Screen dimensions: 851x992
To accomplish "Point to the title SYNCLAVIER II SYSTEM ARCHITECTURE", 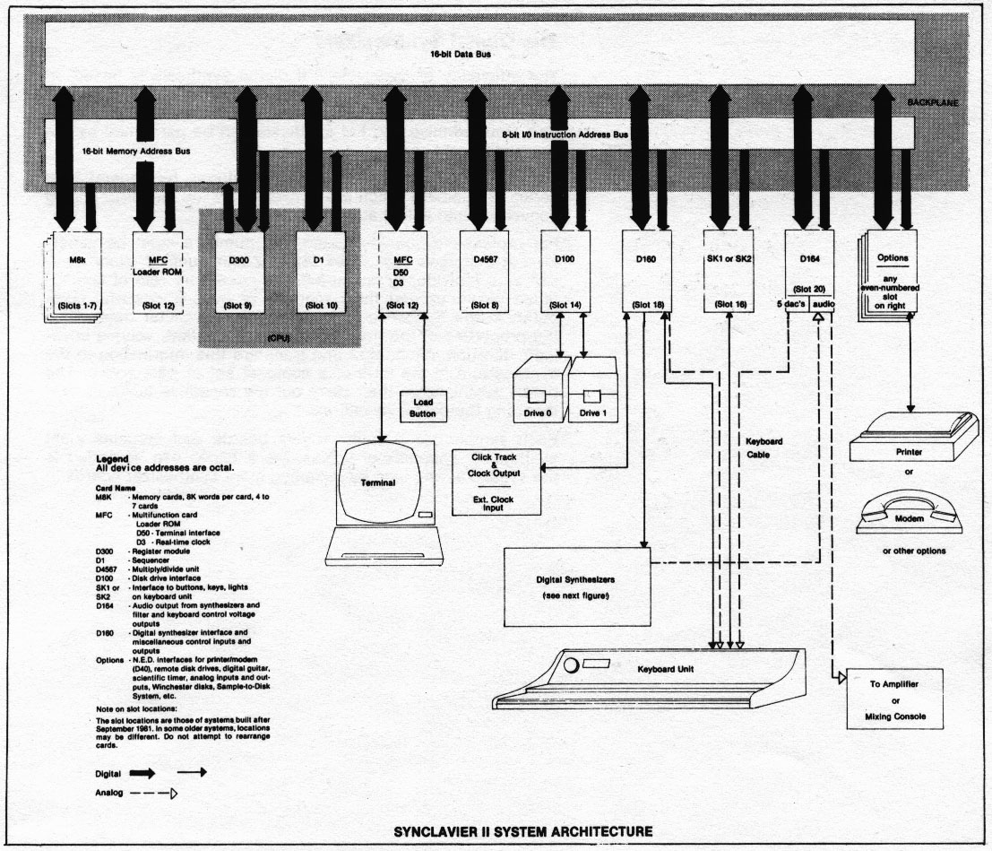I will (522, 830).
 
